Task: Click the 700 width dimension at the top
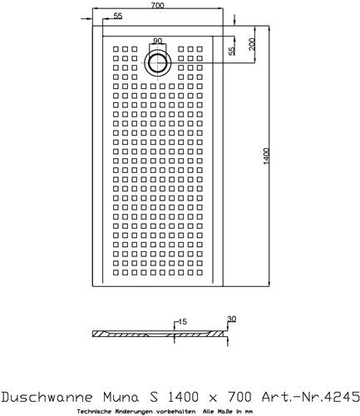[157, 5]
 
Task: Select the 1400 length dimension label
[266, 156]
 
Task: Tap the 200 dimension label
[252, 44]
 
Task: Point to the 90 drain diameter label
[157, 41]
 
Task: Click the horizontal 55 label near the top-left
[118, 16]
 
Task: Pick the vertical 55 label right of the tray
[231, 51]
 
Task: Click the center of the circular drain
[157, 63]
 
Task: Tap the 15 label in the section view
[182, 322]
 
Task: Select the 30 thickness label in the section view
[231, 319]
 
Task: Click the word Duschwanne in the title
[47, 397]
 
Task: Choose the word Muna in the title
[121, 397]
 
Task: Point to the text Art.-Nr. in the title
[292, 397]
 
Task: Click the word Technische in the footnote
[90, 411]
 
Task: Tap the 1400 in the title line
[183, 397]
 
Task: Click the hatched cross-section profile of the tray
[160, 334]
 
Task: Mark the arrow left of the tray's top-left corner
[86, 19]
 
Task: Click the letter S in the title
[154, 397]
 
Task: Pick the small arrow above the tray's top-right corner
[234, 20]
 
